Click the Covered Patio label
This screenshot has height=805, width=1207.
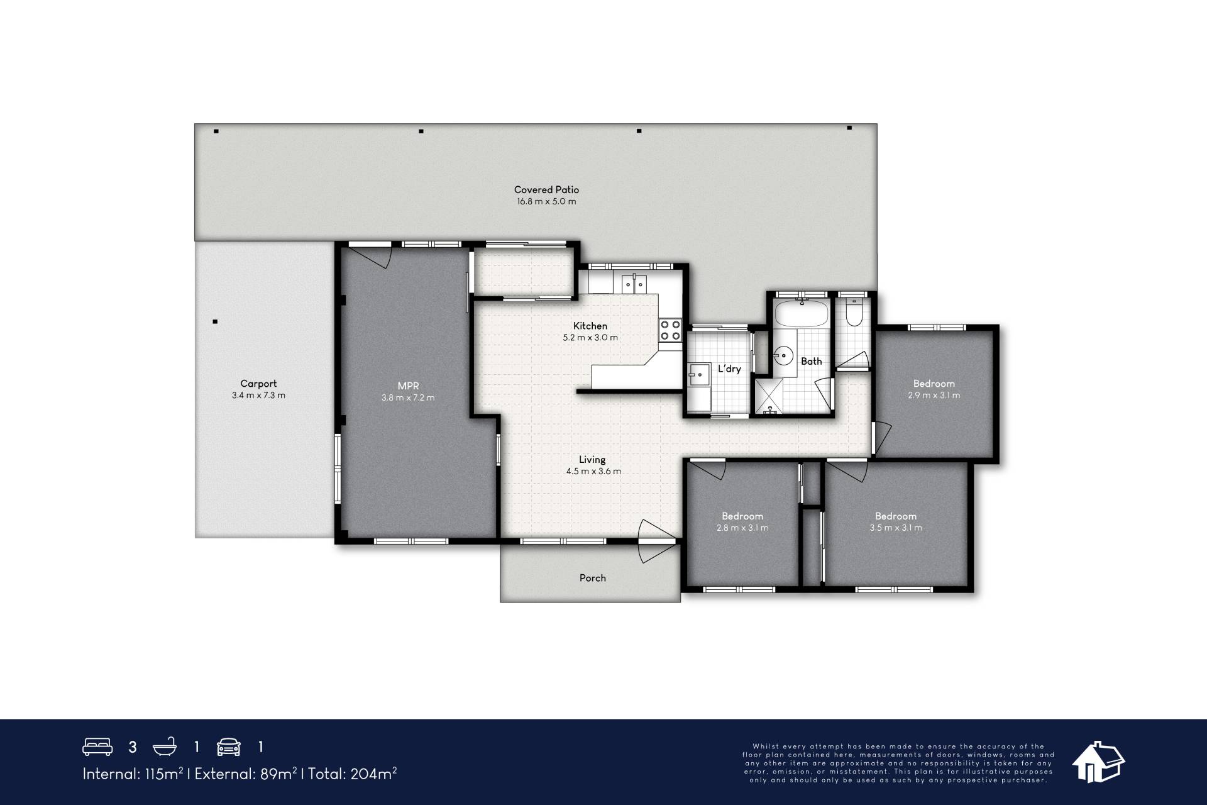[x=546, y=189]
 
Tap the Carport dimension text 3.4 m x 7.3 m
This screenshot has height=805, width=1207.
[x=258, y=396]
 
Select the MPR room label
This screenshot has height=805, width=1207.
[x=408, y=386]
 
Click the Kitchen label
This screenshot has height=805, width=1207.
[x=590, y=326]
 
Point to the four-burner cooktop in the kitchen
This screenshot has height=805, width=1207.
[x=670, y=330]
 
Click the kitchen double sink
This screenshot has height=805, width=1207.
[x=634, y=284]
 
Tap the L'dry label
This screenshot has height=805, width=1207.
[x=729, y=369]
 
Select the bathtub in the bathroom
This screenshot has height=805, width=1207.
[x=802, y=313]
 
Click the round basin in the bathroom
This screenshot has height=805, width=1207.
[x=783, y=355]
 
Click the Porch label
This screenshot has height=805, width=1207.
[x=593, y=578]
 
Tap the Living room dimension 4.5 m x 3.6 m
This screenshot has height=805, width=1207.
[x=593, y=471]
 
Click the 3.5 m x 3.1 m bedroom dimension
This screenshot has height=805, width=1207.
[x=896, y=528]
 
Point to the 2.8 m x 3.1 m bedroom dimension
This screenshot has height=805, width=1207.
[x=742, y=528]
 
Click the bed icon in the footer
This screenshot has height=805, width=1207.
[x=97, y=747]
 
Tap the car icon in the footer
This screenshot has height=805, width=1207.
[x=229, y=747]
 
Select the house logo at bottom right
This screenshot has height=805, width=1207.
[x=1098, y=762]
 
